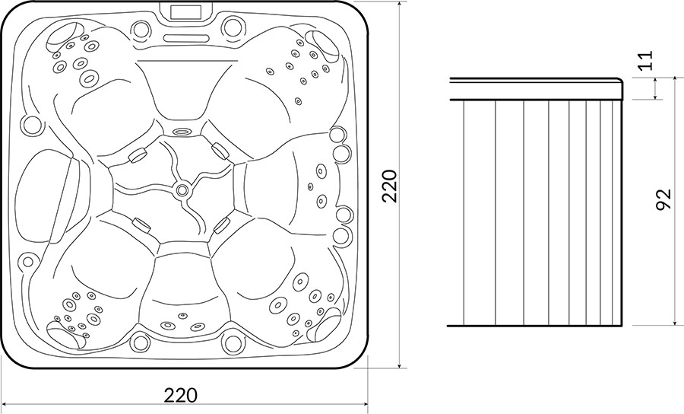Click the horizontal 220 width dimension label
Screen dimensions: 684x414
181,395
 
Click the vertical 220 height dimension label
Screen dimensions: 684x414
389,186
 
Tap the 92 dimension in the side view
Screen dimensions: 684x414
663,200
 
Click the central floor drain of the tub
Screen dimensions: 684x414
182,190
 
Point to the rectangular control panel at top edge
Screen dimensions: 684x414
186,11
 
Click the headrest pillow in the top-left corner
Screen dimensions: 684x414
64,34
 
